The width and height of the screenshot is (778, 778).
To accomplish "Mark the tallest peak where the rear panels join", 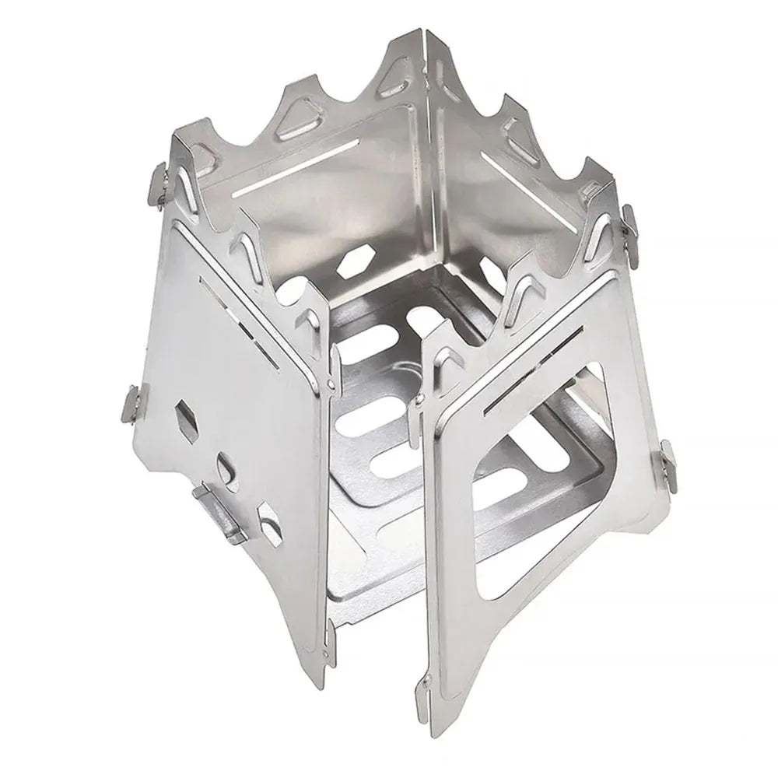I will pyautogui.click(x=425, y=39).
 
